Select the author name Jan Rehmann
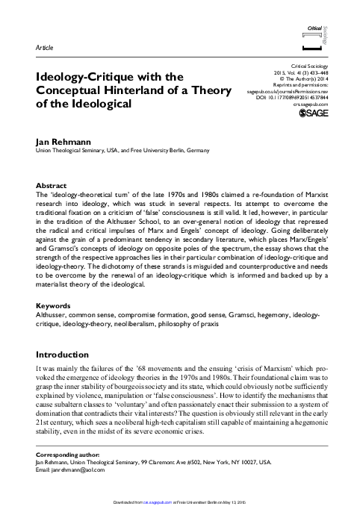(54, 140)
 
